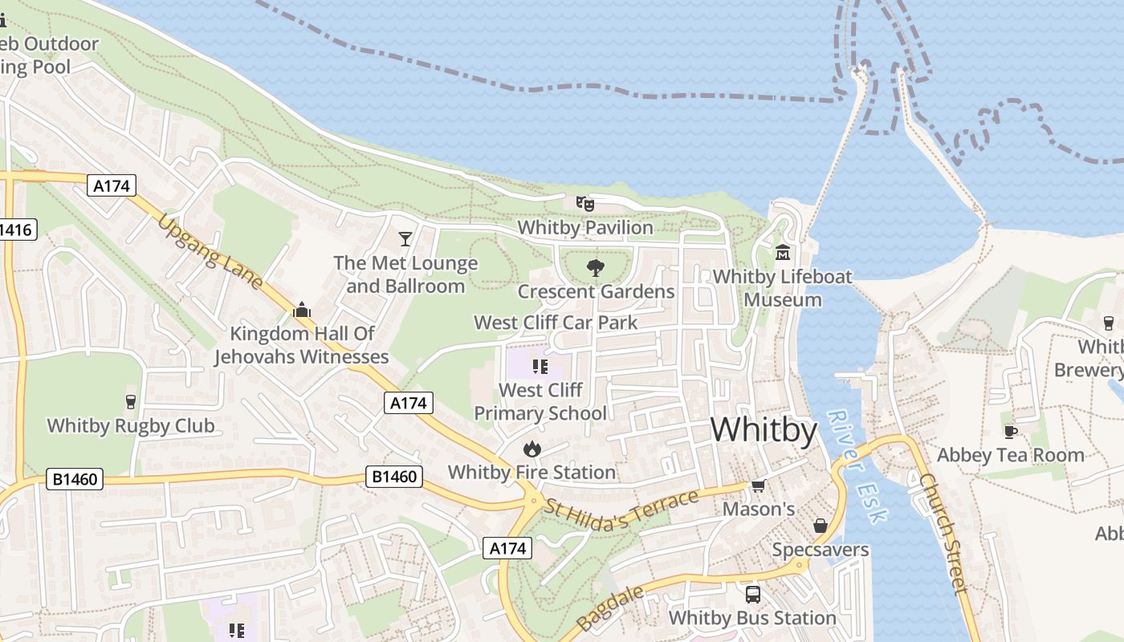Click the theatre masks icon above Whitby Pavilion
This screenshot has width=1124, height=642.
pyautogui.click(x=584, y=204)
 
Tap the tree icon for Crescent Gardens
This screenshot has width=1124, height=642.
pyautogui.click(x=596, y=268)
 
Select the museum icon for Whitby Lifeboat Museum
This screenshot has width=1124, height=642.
pyautogui.click(x=783, y=253)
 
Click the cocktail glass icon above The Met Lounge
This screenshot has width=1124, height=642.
pyautogui.click(x=405, y=239)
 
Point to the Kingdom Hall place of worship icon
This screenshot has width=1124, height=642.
pyautogui.click(x=302, y=310)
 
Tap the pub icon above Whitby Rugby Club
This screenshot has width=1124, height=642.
pyautogui.click(x=131, y=401)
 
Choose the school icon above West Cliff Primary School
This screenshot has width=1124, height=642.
pyautogui.click(x=540, y=367)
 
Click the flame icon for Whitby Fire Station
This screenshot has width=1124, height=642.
pyautogui.click(x=531, y=449)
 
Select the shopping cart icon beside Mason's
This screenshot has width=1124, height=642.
pyautogui.click(x=758, y=486)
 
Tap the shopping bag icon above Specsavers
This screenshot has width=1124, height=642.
pyautogui.click(x=820, y=526)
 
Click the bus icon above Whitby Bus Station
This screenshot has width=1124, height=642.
pyautogui.click(x=752, y=594)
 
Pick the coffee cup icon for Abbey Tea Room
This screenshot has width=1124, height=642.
pyautogui.click(x=1011, y=432)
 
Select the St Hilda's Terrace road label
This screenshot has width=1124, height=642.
pyautogui.click(x=621, y=510)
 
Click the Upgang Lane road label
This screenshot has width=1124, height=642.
pyautogui.click(x=210, y=251)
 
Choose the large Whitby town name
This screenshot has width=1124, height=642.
pyautogui.click(x=764, y=430)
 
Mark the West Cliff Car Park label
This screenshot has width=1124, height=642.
pyautogui.click(x=556, y=323)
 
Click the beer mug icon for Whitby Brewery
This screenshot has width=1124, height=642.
pyautogui.click(x=1109, y=323)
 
